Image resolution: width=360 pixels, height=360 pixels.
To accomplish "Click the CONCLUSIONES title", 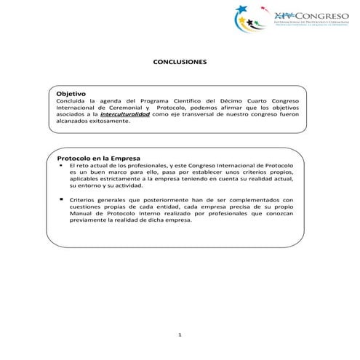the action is coord(180,63).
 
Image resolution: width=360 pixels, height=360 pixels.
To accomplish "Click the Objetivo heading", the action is coord(72,94).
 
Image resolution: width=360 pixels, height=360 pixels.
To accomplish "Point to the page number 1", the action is coord(180,335).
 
